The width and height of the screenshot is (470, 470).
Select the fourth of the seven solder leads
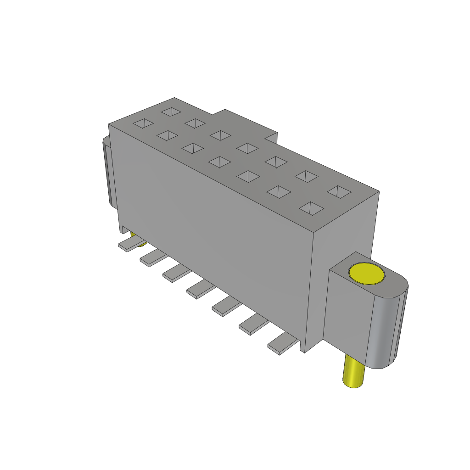[x=201, y=290]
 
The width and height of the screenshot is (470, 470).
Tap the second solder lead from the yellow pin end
[x=253, y=325]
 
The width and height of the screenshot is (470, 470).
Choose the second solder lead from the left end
[x=153, y=258]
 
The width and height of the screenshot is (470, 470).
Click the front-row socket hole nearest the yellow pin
[x=310, y=208]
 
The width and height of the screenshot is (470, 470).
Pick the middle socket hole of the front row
[x=220, y=162]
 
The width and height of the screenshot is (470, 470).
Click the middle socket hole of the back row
[x=248, y=148]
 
